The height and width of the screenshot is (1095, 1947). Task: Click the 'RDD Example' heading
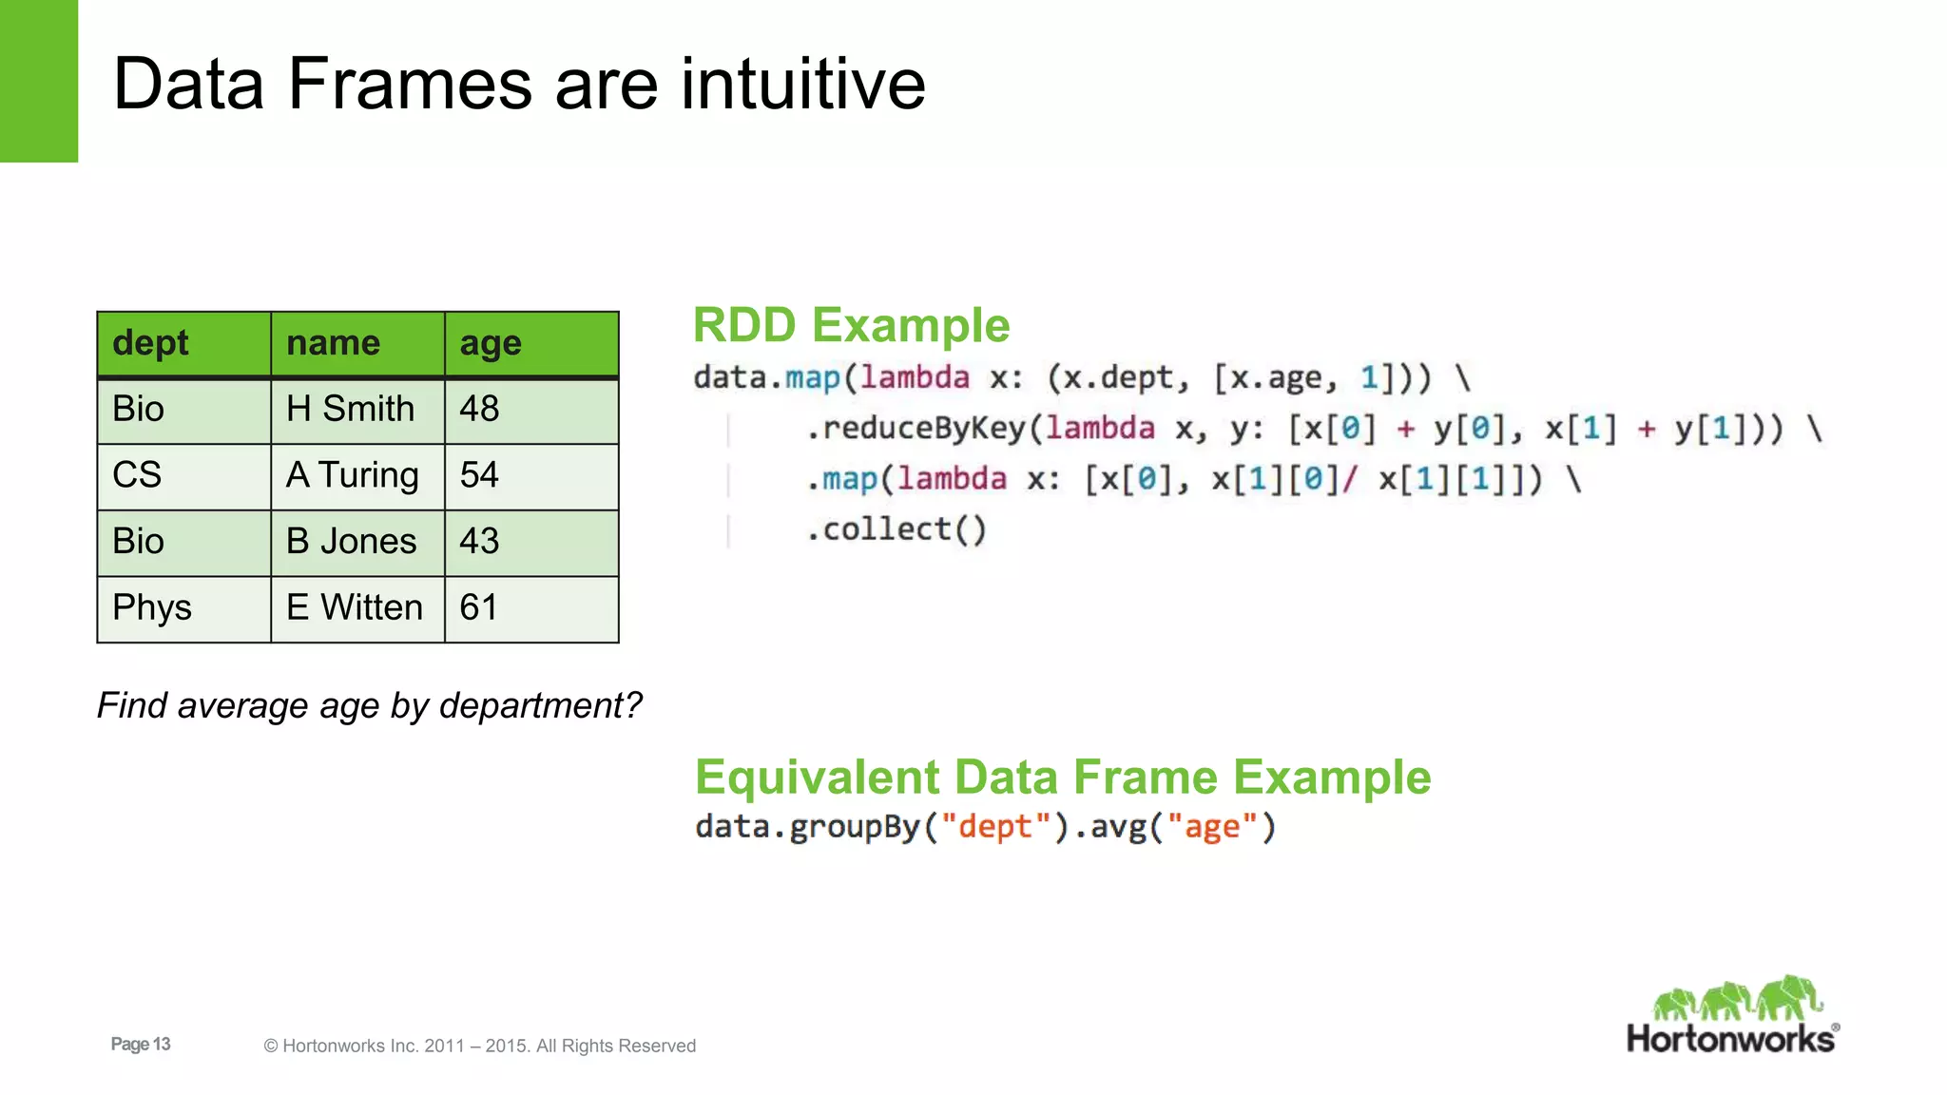pos(851,325)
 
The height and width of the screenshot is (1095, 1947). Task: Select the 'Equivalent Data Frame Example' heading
pos(1063,777)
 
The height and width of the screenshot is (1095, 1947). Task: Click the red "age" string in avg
pos(1212,827)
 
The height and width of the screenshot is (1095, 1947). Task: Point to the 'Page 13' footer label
pos(141,1044)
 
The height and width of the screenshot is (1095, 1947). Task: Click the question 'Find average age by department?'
pos(370,705)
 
